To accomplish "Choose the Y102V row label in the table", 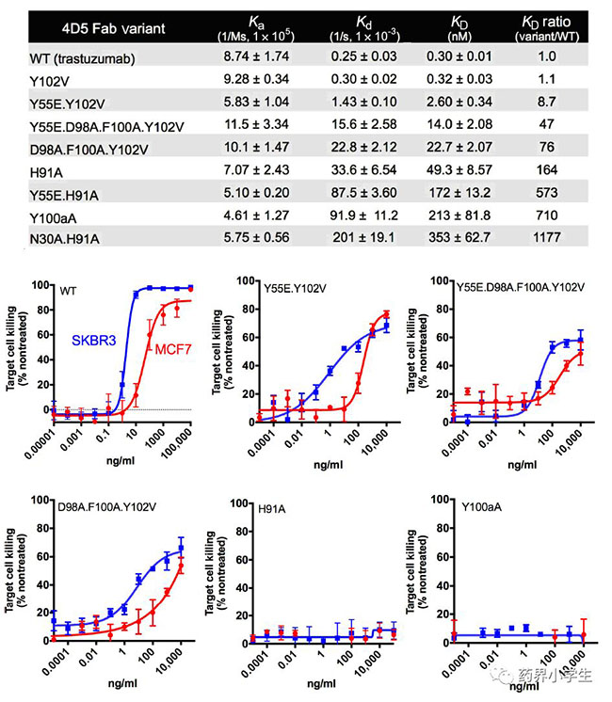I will point(38,80).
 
